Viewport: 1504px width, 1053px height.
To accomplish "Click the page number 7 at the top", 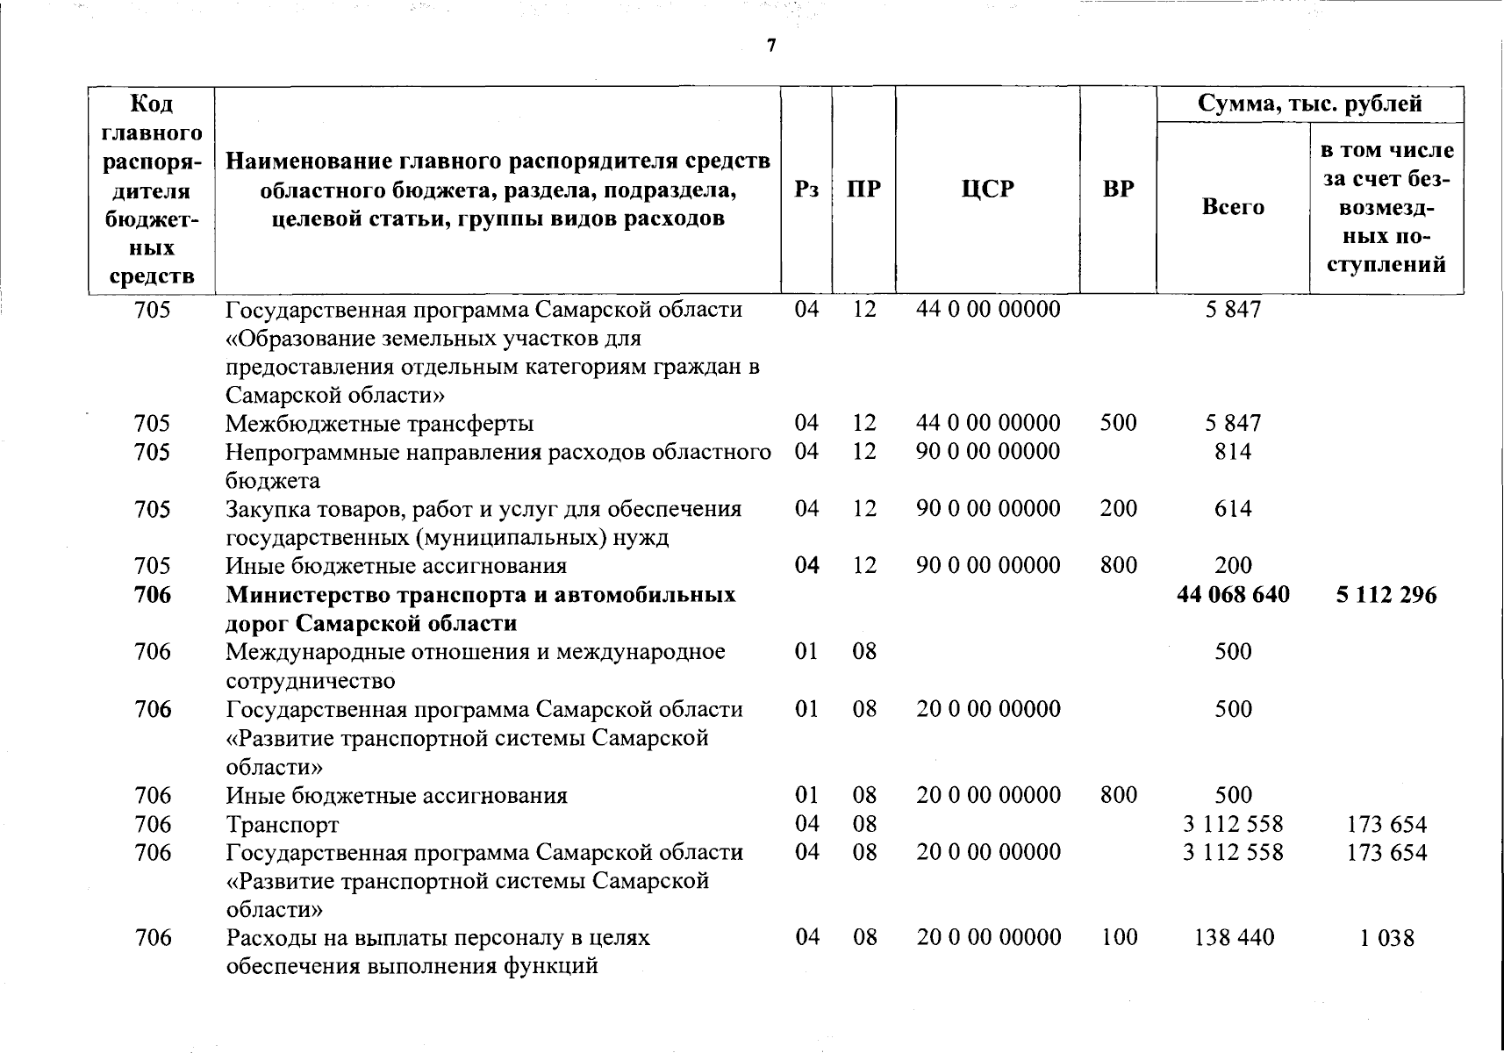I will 771,46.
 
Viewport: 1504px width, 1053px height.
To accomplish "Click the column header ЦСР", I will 987,190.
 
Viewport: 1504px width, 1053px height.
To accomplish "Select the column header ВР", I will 1118,190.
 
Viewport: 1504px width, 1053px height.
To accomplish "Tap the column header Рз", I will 806,190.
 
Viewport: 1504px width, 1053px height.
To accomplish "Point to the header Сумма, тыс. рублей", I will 1310,104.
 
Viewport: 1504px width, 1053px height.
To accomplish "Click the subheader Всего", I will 1233,207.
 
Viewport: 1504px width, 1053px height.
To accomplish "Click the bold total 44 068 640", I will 1233,595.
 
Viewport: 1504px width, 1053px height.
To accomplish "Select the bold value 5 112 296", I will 1386,595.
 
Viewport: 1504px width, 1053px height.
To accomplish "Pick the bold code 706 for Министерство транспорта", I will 153,595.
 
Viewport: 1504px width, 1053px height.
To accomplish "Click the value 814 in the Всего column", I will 1233,452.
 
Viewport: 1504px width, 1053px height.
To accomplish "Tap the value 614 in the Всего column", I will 1233,509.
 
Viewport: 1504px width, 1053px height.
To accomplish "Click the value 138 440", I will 1233,938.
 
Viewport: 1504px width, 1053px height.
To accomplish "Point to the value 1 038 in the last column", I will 1386,939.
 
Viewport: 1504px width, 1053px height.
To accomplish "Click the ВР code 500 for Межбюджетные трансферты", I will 1118,423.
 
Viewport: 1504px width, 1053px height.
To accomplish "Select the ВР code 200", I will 1118,509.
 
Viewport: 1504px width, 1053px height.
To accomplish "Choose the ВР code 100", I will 1118,938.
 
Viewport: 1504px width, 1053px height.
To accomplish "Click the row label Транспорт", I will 282,825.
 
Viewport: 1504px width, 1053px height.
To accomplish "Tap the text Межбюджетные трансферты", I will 379,424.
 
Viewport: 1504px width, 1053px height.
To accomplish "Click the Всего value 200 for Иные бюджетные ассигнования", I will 1233,566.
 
